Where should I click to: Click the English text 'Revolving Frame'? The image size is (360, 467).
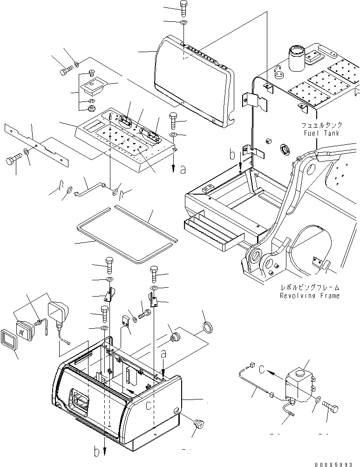pos(309,296)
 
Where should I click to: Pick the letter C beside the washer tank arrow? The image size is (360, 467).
pos(262,370)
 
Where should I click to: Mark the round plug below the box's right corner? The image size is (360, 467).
pos(199,425)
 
